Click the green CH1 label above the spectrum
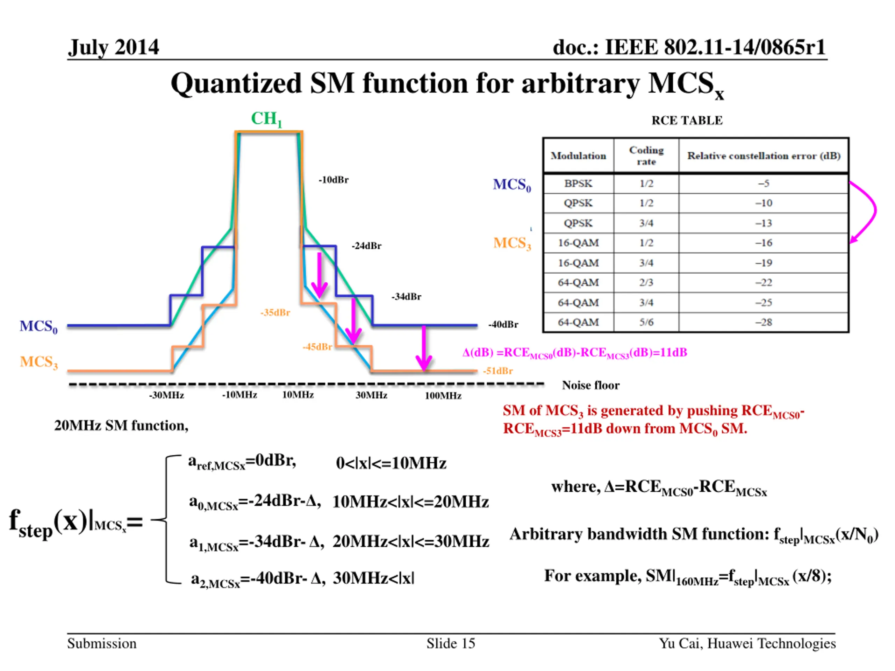coord(266,119)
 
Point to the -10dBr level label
coord(334,180)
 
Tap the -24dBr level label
coord(366,246)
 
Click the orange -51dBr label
coord(498,371)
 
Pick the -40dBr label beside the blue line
coord(503,324)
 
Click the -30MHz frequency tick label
coord(166,395)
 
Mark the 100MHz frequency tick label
coord(443,396)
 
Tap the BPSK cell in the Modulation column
coord(578,183)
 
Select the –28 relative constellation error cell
coord(764,322)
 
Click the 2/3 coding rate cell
coord(646,282)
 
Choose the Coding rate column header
coord(646,156)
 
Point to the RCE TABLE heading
coord(687,121)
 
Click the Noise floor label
coord(590,385)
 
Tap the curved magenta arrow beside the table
coord(870,210)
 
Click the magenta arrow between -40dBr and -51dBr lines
coord(424,348)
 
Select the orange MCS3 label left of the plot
coord(39,362)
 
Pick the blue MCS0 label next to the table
coord(512,185)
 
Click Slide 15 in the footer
coord(451,643)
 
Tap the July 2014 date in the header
coord(113,47)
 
